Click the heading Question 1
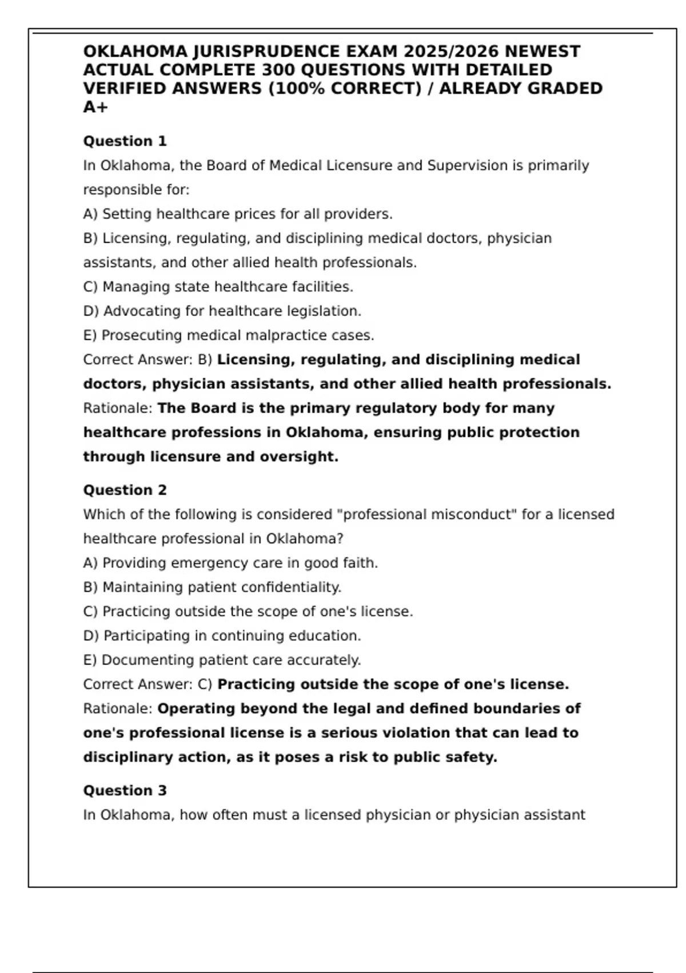pos(125,141)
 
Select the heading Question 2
pos(125,490)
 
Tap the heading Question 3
pos(125,790)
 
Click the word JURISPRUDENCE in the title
pos(266,52)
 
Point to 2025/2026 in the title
pos(451,52)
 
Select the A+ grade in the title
pos(95,107)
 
